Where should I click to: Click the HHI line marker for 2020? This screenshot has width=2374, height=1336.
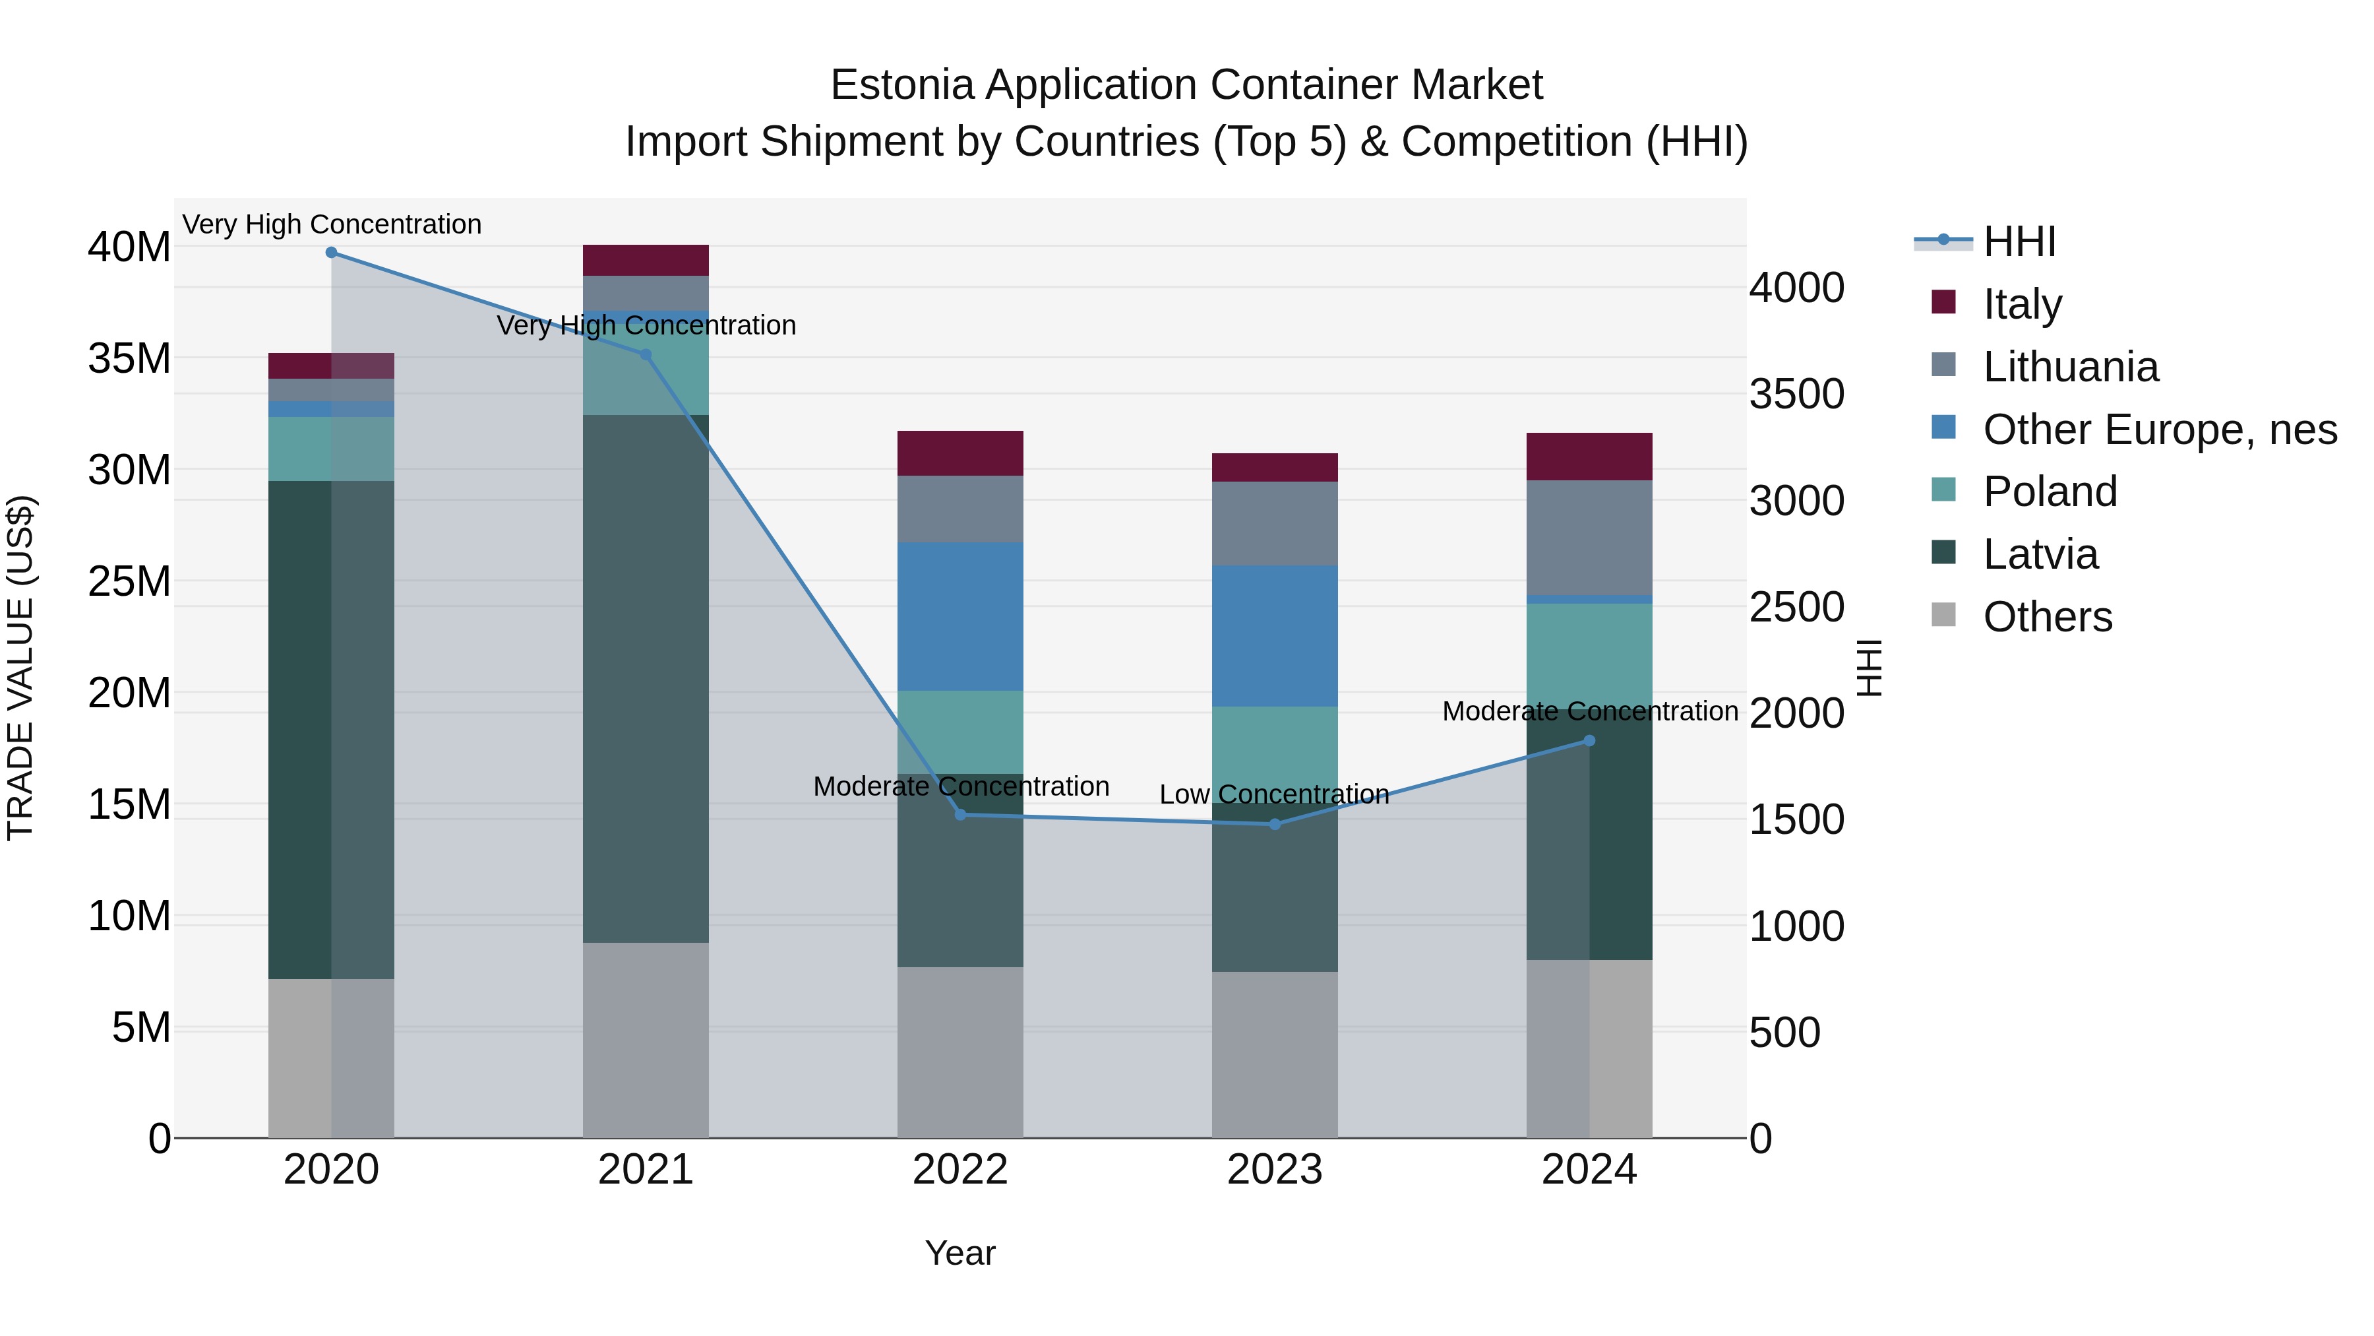click(331, 253)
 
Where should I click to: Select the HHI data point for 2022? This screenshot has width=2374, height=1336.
click(960, 814)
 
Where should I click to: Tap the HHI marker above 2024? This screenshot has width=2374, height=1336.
click(1589, 740)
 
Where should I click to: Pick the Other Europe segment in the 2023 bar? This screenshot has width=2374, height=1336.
click(1275, 635)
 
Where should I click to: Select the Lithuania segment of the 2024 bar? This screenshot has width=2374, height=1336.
click(1589, 538)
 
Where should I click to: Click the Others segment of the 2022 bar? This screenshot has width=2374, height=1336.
click(960, 1051)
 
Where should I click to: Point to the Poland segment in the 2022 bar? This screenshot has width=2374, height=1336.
click(960, 731)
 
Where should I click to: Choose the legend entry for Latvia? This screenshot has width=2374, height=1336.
click(2040, 554)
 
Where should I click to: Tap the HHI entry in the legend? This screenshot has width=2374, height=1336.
click(2019, 241)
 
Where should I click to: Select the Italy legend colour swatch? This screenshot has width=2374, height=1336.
click(1943, 302)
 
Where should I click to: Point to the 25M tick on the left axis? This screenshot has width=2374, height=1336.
click(130, 581)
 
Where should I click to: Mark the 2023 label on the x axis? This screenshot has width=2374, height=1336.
click(1275, 1170)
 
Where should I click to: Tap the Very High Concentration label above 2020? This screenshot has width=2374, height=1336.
click(332, 224)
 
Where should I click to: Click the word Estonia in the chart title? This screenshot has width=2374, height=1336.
click(901, 85)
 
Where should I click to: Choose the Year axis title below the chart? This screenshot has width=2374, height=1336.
click(960, 1253)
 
